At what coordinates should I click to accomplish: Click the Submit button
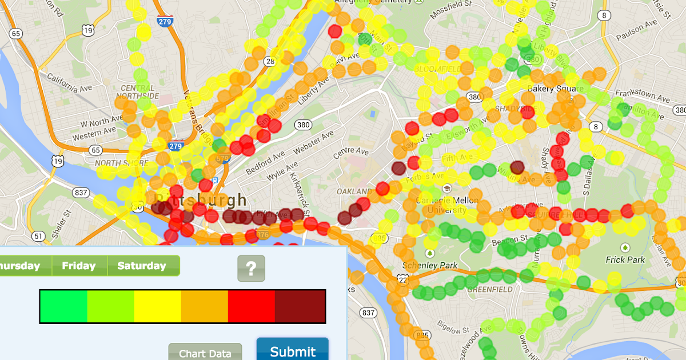pyautogui.click(x=292, y=350)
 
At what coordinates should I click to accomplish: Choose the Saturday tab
pyautogui.click(x=141, y=266)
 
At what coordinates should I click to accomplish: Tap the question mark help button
pyautogui.click(x=251, y=268)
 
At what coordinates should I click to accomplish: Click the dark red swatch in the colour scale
pyautogui.click(x=301, y=307)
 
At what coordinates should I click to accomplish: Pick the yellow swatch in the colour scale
pyautogui.click(x=158, y=307)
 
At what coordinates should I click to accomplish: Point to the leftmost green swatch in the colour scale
pyautogui.click(x=63, y=307)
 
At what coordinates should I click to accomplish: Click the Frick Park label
pyautogui.click(x=625, y=259)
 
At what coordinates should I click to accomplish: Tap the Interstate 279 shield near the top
pyautogui.click(x=164, y=22)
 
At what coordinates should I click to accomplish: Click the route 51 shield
pyautogui.click(x=38, y=235)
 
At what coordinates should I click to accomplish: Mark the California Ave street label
pyautogui.click(x=70, y=82)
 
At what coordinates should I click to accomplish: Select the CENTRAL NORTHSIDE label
pyautogui.click(x=137, y=91)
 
